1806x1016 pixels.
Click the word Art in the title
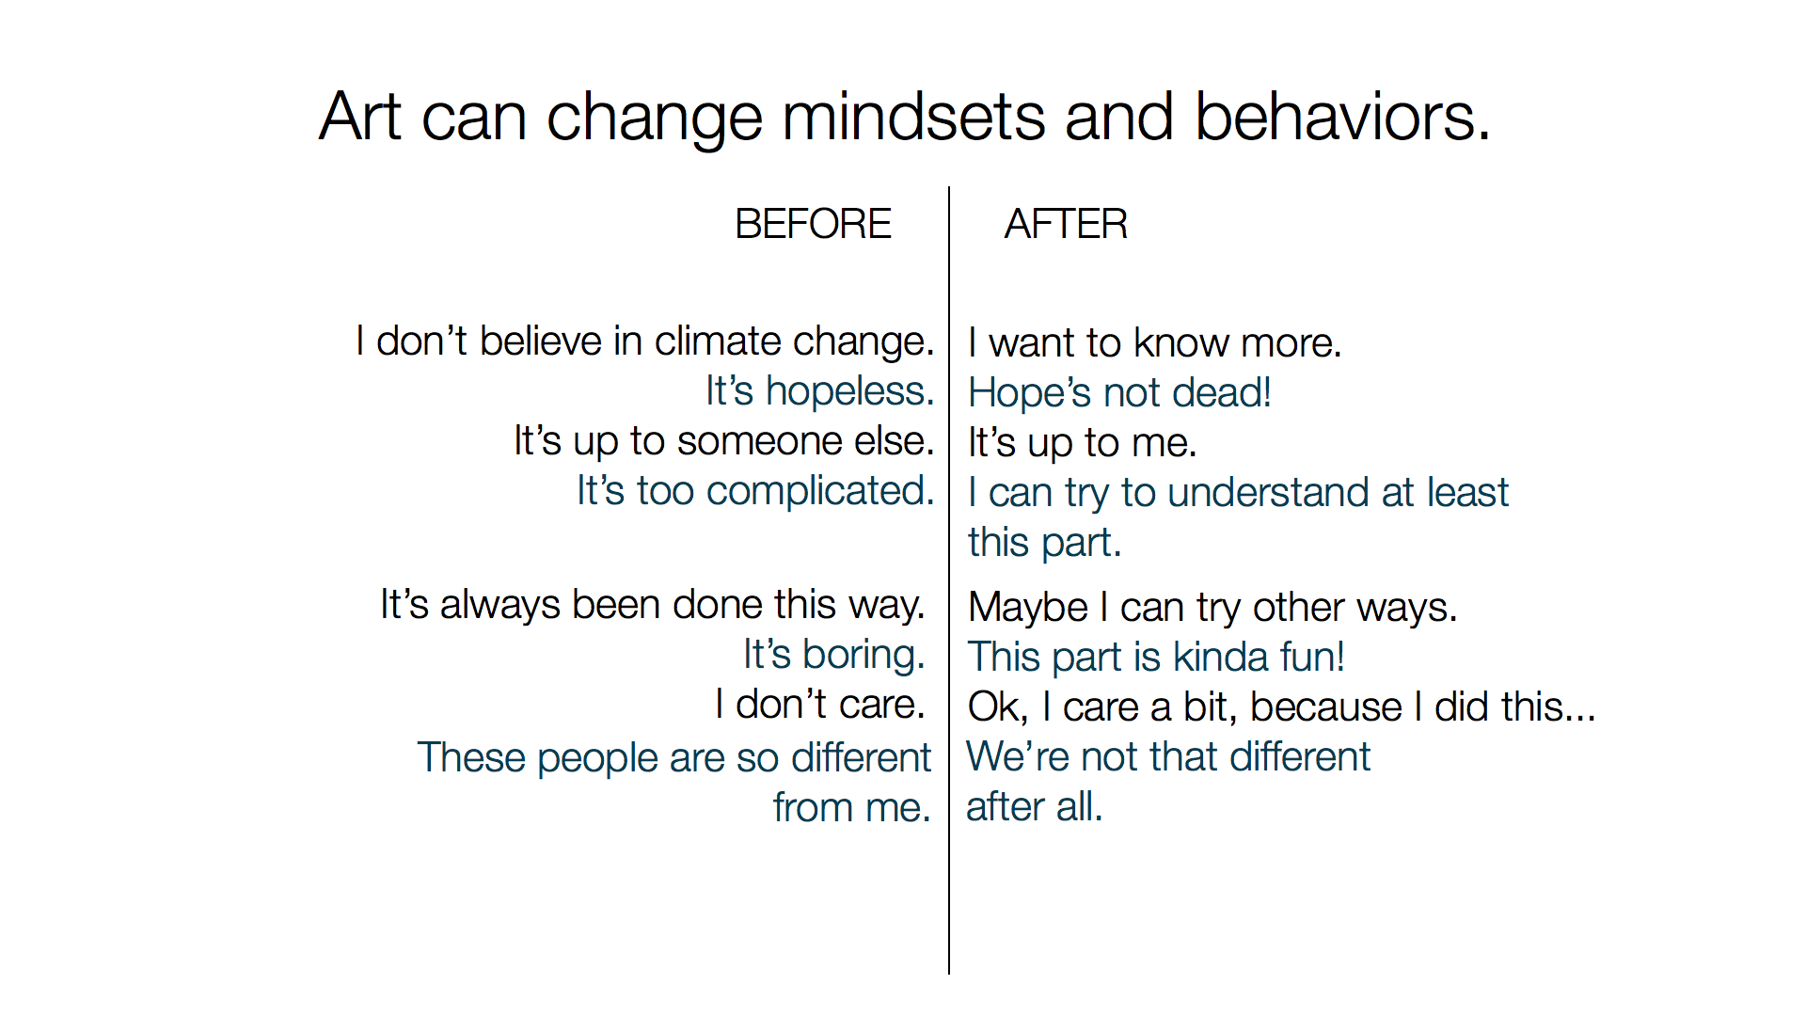360,117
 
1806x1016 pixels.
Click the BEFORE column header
813,224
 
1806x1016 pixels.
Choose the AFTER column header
1066,224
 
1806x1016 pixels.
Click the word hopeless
850,390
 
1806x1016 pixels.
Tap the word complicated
820,491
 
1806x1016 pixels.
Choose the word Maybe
1028,608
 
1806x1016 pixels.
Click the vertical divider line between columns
949,580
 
